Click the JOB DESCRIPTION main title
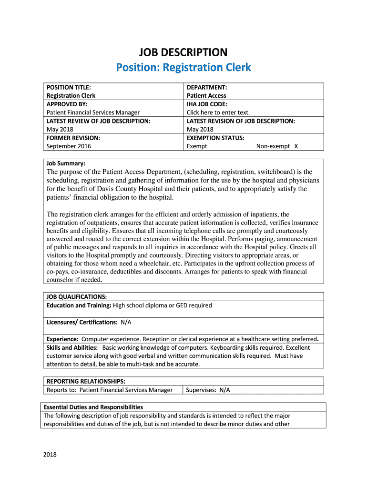point(183,52)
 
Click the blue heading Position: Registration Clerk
point(183,67)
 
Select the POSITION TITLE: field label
point(68,87)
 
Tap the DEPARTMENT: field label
point(206,87)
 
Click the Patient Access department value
point(206,96)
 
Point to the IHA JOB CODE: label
point(207,104)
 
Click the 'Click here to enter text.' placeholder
point(218,112)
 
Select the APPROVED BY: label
point(67,104)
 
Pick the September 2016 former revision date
point(69,146)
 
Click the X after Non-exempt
point(296,146)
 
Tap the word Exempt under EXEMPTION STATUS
point(197,146)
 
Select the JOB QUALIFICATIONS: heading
point(76,296)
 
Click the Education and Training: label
point(79,305)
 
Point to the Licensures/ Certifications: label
point(82,322)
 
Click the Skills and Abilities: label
point(72,347)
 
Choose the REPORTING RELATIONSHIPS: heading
point(86,381)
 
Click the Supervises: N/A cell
point(208,390)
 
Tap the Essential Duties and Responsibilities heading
point(93,407)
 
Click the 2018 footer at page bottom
point(49,454)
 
